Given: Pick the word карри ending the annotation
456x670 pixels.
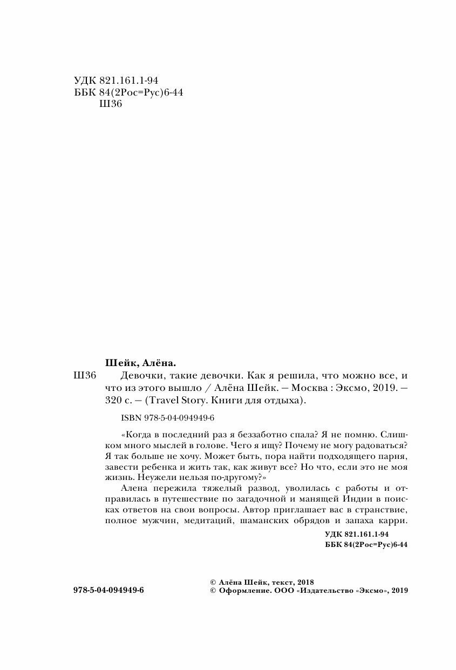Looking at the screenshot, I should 393,521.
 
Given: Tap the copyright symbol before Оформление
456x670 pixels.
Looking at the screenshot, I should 213,591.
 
